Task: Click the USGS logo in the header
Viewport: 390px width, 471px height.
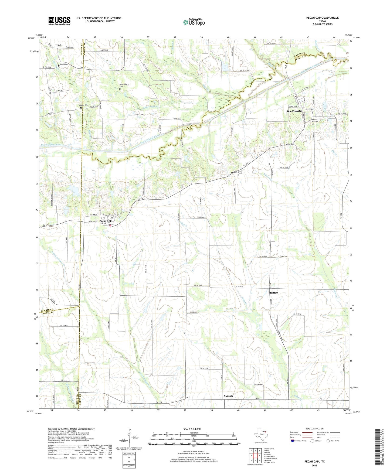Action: pyautogui.click(x=59, y=21)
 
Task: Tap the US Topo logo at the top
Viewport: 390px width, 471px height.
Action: pyautogui.click(x=194, y=22)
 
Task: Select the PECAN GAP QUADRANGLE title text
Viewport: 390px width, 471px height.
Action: pyautogui.click(x=322, y=18)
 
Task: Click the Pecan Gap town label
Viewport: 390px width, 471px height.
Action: pyautogui.click(x=105, y=221)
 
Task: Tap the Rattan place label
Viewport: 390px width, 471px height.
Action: pyautogui.click(x=274, y=292)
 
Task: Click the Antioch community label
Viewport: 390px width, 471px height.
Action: pyautogui.click(x=228, y=396)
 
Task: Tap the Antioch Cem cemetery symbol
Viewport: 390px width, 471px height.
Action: pyautogui.click(x=253, y=387)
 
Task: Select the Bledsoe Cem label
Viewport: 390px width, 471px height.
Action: pyautogui.click(x=83, y=105)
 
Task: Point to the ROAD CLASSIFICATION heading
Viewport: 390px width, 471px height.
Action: pyautogui.click(x=314, y=429)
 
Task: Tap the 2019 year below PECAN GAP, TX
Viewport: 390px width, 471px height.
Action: pyautogui.click(x=314, y=466)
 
